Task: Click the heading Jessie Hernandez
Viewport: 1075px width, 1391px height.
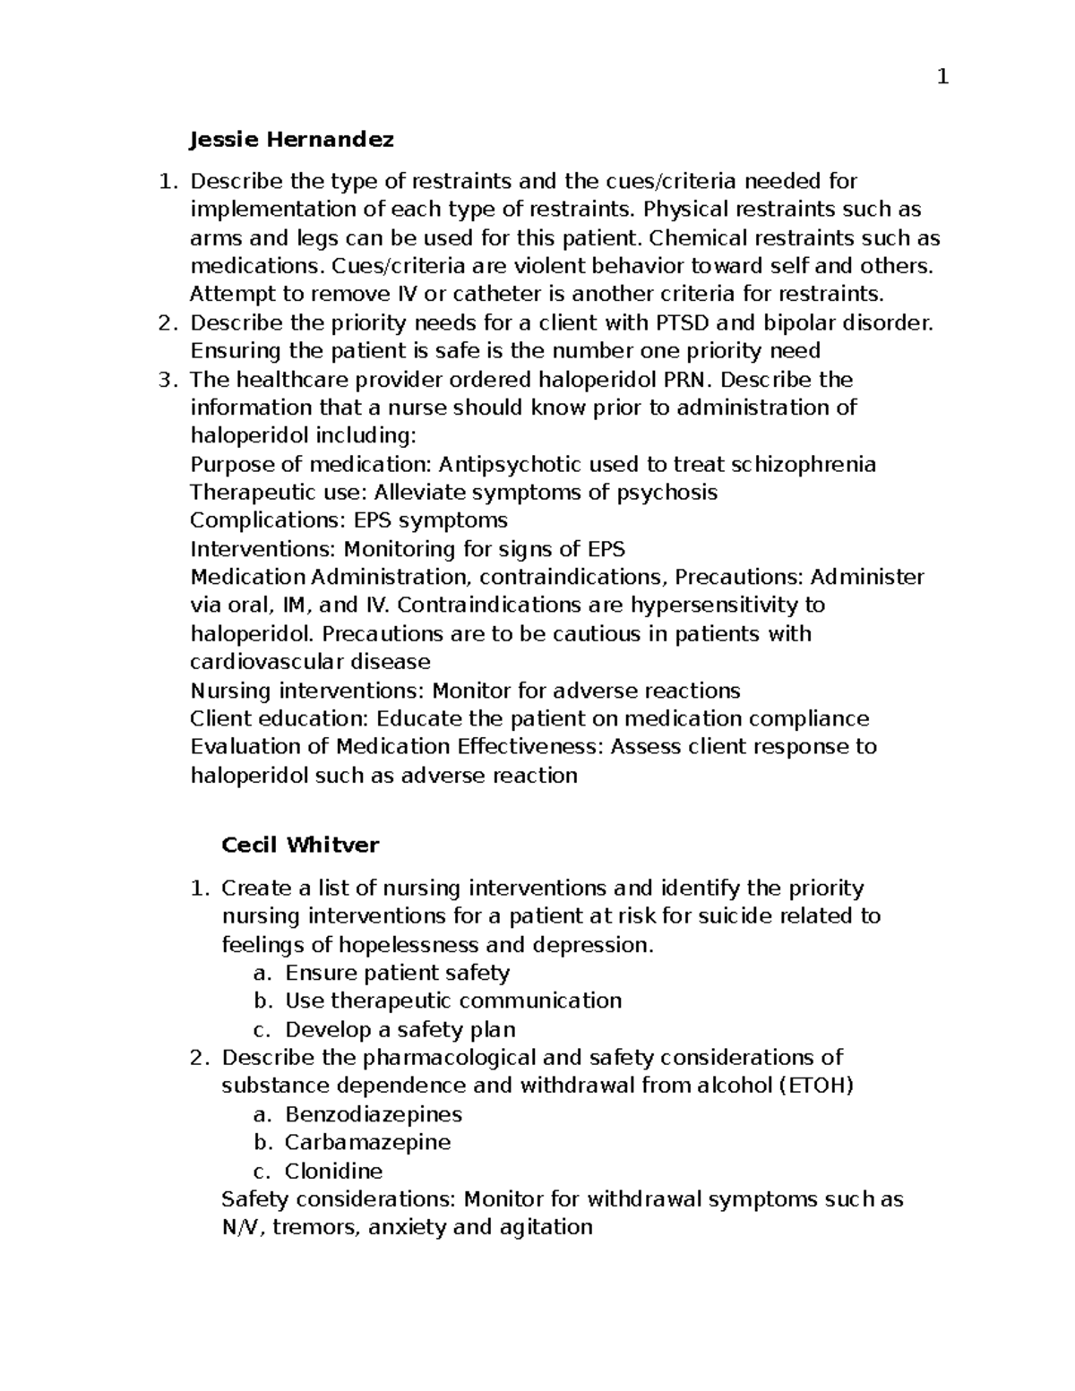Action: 292,140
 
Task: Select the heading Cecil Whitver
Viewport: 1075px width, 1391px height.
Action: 300,845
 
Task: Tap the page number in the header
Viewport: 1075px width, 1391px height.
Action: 942,78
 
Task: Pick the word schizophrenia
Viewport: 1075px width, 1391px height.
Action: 804,464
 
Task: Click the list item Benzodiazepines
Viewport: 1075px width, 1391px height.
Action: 374,1114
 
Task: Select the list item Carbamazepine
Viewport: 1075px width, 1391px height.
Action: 367,1142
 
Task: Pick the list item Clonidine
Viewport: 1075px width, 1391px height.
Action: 333,1171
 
